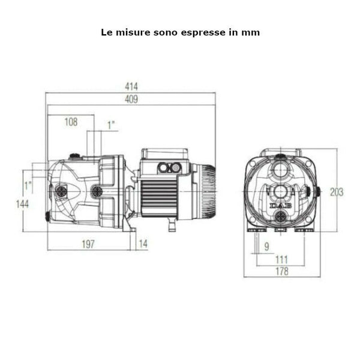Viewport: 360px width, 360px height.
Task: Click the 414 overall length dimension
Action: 131,88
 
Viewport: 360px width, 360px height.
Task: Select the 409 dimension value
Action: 131,100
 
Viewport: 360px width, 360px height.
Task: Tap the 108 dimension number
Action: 71,122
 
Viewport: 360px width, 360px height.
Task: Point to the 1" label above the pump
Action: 111,125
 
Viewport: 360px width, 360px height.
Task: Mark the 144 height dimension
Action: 23,204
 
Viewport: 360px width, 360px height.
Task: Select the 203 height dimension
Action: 337,192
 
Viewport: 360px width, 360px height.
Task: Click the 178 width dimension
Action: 282,271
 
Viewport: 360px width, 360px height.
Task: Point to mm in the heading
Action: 252,32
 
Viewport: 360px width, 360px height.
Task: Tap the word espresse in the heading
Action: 210,32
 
